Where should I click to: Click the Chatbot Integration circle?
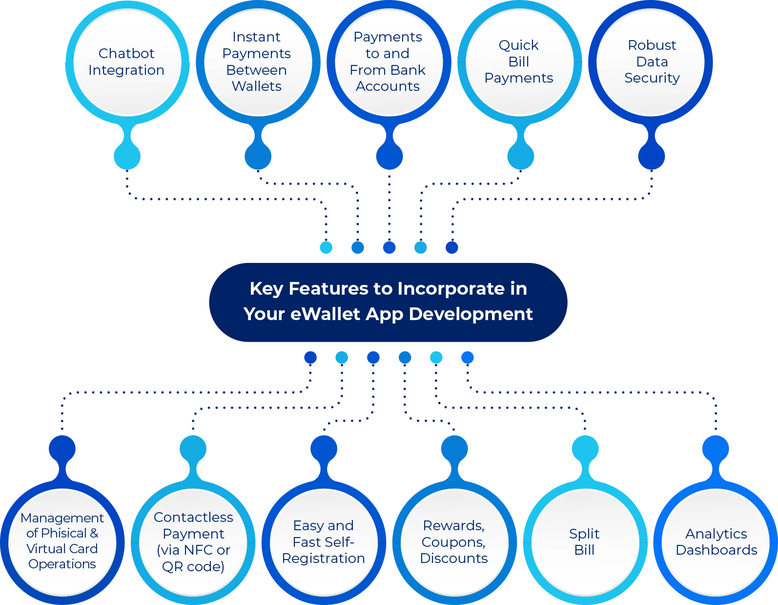click(x=126, y=62)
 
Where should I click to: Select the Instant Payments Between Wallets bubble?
click(x=257, y=62)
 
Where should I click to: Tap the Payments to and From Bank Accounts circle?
click(x=388, y=62)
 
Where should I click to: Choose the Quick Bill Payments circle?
click(x=519, y=62)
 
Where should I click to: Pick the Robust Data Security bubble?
click(x=652, y=62)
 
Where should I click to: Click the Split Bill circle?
click(x=584, y=542)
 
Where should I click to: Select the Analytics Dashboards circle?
click(x=716, y=542)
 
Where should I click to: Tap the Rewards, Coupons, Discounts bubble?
click(x=454, y=542)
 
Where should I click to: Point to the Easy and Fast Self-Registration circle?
click(x=323, y=542)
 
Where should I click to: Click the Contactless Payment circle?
click(x=193, y=542)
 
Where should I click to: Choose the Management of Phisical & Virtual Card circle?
click(x=62, y=542)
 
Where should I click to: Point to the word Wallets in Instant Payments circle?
click(x=257, y=86)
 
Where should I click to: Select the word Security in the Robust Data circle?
click(x=652, y=78)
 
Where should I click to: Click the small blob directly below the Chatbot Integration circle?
click(x=127, y=156)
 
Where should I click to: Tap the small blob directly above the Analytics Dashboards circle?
click(x=716, y=448)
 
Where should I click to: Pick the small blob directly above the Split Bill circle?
click(x=585, y=448)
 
